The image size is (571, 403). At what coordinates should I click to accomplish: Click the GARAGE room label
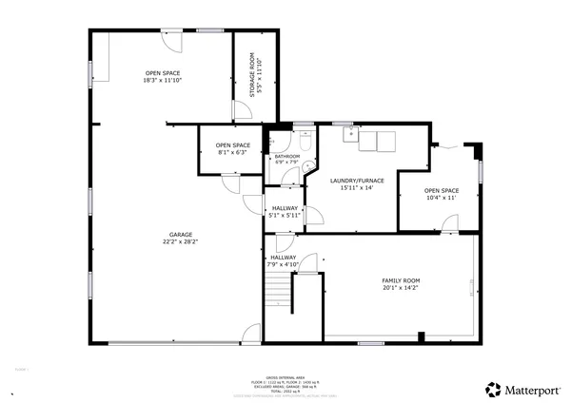point(173,238)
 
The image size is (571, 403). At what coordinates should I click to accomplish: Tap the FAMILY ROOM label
point(401,280)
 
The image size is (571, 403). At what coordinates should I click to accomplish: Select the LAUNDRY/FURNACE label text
point(357,180)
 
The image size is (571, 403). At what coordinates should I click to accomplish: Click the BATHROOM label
point(286,156)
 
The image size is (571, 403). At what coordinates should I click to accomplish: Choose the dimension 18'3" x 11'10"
point(162,80)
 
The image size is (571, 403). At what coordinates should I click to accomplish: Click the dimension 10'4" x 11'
point(441,198)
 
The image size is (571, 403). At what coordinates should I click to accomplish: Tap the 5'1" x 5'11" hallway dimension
point(285,215)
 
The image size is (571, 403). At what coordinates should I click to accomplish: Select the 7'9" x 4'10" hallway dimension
point(283,263)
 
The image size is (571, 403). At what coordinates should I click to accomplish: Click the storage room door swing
point(244,110)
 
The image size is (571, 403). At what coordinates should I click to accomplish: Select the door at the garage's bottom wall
point(251,333)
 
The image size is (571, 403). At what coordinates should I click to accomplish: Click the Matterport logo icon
point(494,389)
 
